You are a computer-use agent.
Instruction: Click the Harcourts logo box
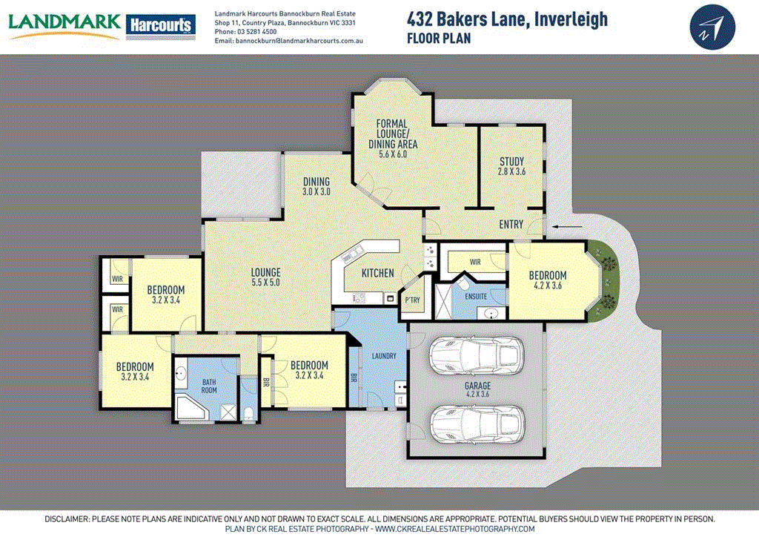tap(161, 26)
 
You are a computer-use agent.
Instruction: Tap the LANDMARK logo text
tap(64, 23)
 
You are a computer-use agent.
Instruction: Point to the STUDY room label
tap(511, 162)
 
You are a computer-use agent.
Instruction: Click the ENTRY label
tap(511, 225)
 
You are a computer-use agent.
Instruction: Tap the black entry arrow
tap(566, 227)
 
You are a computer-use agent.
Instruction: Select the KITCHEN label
tap(377, 273)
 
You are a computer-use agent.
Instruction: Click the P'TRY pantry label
tap(412, 300)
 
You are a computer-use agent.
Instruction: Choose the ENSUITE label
tap(476, 297)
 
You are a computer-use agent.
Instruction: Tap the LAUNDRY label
tap(384, 357)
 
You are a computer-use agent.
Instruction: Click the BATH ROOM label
tap(210, 386)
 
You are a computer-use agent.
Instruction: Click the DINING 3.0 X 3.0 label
tap(316, 186)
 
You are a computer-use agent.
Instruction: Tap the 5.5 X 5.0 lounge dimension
tap(266, 283)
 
